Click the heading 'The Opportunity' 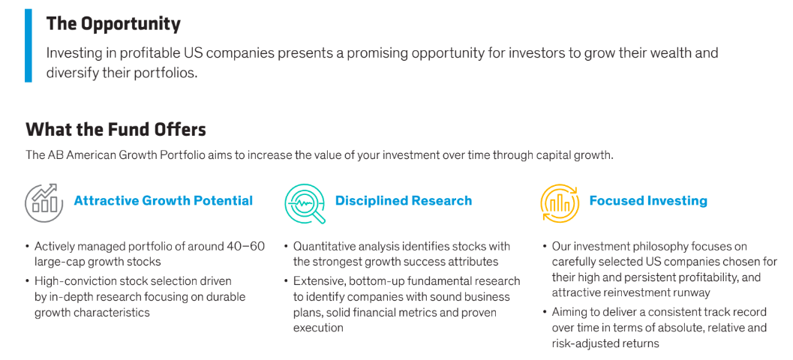pyautogui.click(x=113, y=24)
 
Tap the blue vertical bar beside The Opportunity pyautogui.click(x=29, y=46)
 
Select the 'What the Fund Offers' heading pyautogui.click(x=116, y=130)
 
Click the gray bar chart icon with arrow pyautogui.click(x=44, y=203)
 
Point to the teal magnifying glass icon pyautogui.click(x=305, y=203)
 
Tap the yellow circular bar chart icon pyautogui.click(x=560, y=203)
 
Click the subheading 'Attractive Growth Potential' pyautogui.click(x=164, y=201)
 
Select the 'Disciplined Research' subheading pyautogui.click(x=404, y=201)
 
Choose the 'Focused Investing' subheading pyautogui.click(x=648, y=201)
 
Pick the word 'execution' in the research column pyautogui.click(x=318, y=328)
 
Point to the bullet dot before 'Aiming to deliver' pyautogui.click(x=545, y=313)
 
